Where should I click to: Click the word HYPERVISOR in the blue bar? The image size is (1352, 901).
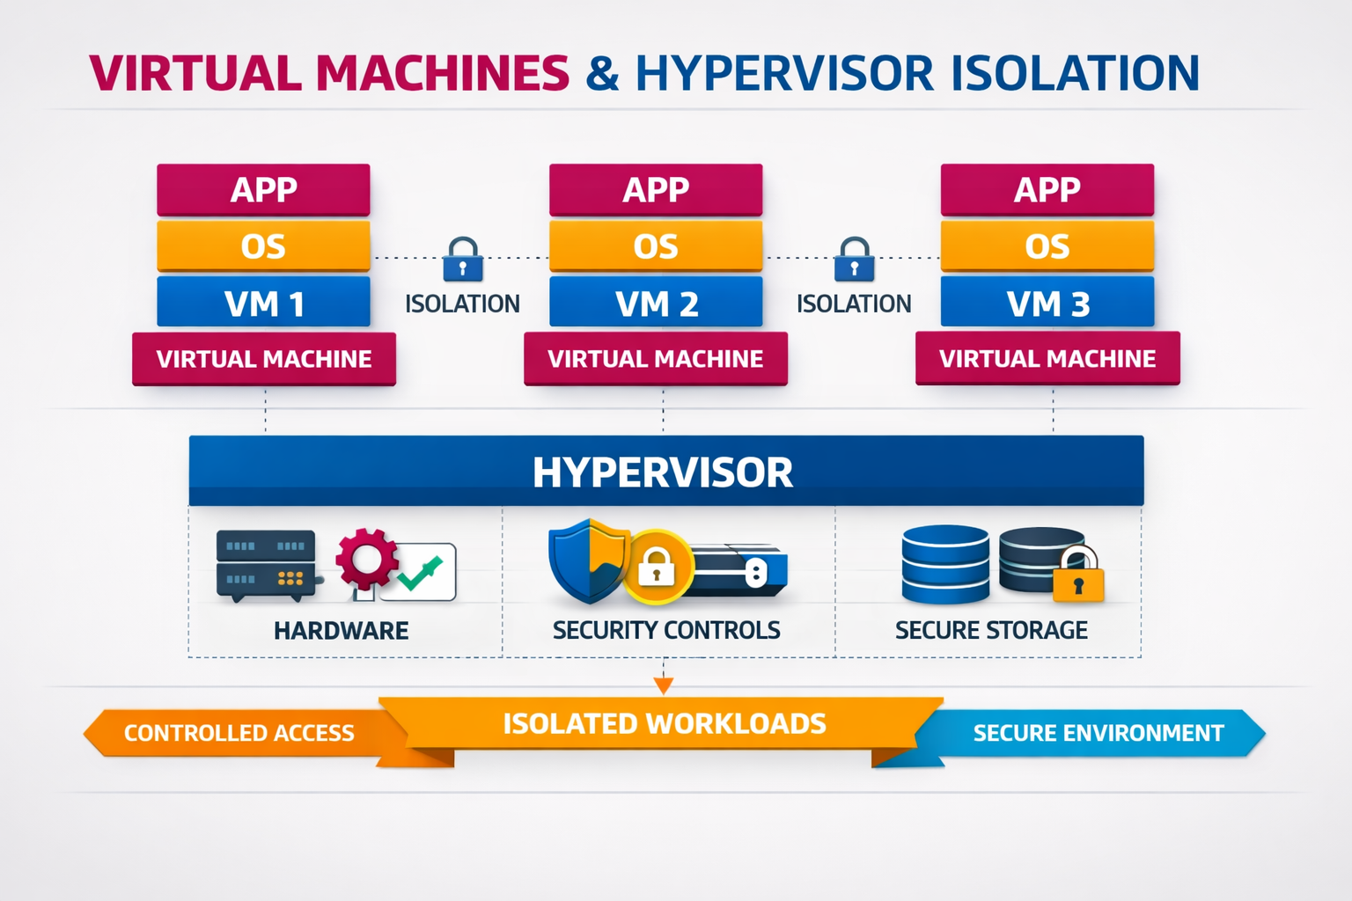(x=663, y=472)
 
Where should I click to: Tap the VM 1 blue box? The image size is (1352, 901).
(x=264, y=302)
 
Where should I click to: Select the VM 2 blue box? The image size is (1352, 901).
(x=656, y=302)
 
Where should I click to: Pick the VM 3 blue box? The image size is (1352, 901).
(x=1047, y=302)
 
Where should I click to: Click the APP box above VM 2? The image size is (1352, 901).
(x=656, y=189)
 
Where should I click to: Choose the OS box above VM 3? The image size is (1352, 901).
(x=1047, y=245)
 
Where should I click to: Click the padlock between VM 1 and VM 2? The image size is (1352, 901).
(x=463, y=259)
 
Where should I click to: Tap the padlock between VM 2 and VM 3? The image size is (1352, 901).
(x=854, y=259)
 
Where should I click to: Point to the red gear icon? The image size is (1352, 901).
(x=367, y=559)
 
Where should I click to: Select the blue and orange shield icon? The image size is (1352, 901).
(x=588, y=561)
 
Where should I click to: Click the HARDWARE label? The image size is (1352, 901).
(x=341, y=631)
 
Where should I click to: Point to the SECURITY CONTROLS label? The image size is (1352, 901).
(x=666, y=630)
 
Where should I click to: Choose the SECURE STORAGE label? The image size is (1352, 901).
(x=991, y=630)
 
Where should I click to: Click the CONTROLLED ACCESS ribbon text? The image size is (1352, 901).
(x=239, y=733)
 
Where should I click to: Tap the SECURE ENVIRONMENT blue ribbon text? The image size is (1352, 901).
(x=1098, y=733)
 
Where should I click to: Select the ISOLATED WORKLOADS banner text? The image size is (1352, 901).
(x=665, y=723)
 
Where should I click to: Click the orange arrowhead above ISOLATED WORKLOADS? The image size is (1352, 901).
(x=664, y=685)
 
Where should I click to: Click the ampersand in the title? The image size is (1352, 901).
(x=602, y=74)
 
